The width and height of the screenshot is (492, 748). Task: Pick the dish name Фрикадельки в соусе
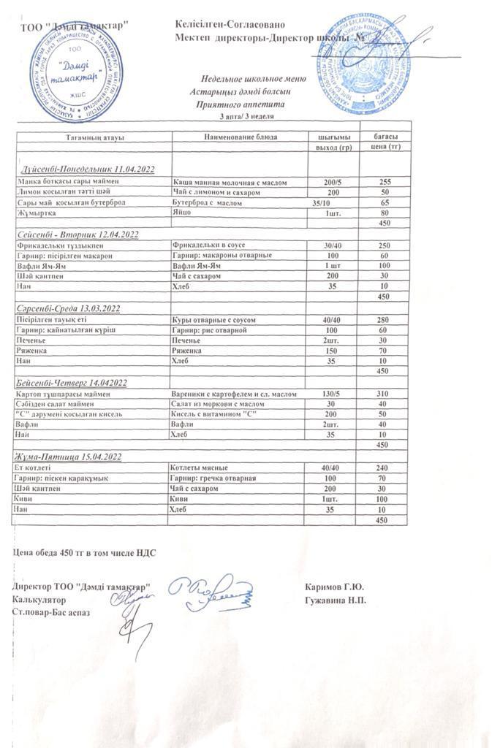[x=208, y=245]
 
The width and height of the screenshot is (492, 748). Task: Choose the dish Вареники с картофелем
[x=233, y=394]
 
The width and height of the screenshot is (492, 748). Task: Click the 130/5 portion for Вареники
[x=330, y=394]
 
